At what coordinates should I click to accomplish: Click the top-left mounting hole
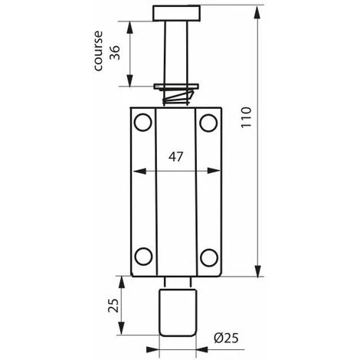pyautogui.click(x=143, y=123)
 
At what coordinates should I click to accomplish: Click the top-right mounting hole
pyautogui.click(x=208, y=123)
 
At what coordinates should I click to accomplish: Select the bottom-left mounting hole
pyautogui.click(x=143, y=257)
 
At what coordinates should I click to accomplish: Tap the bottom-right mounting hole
pyautogui.click(x=209, y=257)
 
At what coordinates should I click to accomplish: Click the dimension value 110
pyautogui.click(x=247, y=117)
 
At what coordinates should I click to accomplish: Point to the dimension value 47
pyautogui.click(x=175, y=157)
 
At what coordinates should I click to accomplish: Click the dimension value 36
pyautogui.click(x=115, y=53)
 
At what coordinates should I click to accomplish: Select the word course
pyautogui.click(x=98, y=51)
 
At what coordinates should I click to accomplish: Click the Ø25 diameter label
pyautogui.click(x=226, y=339)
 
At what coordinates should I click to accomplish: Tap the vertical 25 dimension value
pyautogui.click(x=113, y=306)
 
